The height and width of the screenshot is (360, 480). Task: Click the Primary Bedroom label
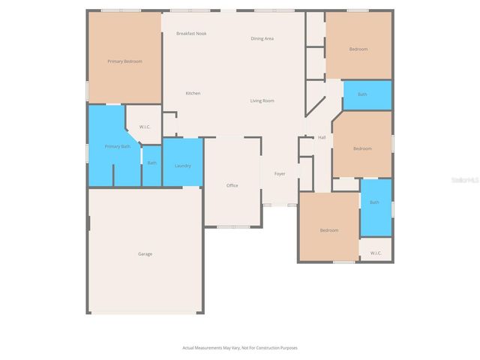coord(124,61)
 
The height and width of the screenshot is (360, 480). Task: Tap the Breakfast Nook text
coord(191,34)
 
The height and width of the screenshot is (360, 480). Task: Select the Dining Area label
coord(262,38)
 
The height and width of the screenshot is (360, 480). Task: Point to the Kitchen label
coord(193,93)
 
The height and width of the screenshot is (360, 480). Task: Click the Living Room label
coord(262,100)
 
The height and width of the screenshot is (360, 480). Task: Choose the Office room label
coord(232,185)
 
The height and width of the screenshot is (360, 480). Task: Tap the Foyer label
coord(280,174)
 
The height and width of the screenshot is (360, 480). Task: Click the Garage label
coord(145,254)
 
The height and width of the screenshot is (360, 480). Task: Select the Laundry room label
coord(182,166)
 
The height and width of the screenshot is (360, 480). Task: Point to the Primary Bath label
coord(117,146)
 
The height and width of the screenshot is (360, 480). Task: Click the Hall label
coord(322,137)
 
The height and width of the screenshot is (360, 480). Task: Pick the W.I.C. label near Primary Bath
coord(145,127)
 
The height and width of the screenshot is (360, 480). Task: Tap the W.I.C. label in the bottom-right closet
coord(376,253)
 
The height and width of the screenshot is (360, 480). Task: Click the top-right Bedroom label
coord(358,49)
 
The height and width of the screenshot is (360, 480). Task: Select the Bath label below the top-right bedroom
coord(362,94)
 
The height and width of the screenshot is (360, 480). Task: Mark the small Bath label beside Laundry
coord(151,163)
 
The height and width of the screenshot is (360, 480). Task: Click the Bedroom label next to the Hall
coord(362,148)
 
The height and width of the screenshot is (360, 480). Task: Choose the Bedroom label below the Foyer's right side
coord(329,230)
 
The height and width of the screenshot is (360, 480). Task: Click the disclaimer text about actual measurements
coord(240,348)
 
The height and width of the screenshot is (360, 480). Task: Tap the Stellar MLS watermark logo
coord(465,180)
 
